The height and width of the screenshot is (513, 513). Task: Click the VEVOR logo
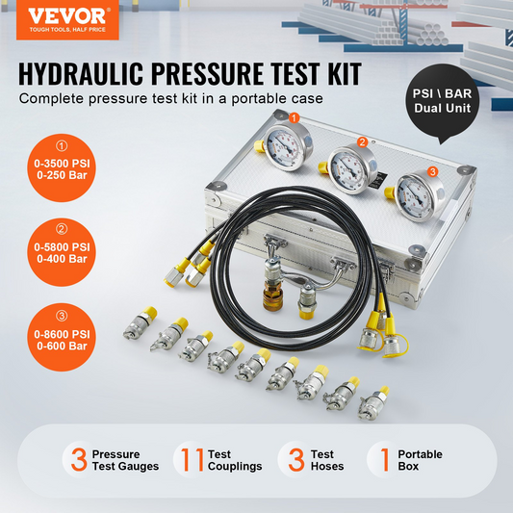click(x=67, y=20)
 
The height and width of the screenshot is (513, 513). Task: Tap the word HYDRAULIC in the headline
click(x=81, y=74)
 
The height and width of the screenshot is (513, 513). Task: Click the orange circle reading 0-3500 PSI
click(x=62, y=167)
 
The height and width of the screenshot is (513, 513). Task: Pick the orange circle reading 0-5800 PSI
click(x=62, y=252)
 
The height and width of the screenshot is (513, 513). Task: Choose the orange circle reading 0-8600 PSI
click(x=62, y=337)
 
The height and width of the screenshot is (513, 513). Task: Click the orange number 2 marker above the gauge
click(x=362, y=142)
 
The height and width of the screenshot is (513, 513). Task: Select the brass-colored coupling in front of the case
click(x=272, y=298)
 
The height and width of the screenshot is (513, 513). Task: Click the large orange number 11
click(x=192, y=459)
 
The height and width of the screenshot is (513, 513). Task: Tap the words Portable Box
click(x=420, y=460)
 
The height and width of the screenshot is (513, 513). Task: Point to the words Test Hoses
click(x=327, y=460)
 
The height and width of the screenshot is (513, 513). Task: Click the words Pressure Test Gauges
click(x=125, y=460)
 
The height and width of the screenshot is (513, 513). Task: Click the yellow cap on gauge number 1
click(x=260, y=146)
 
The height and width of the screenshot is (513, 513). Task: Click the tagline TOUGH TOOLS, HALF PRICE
click(x=67, y=30)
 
